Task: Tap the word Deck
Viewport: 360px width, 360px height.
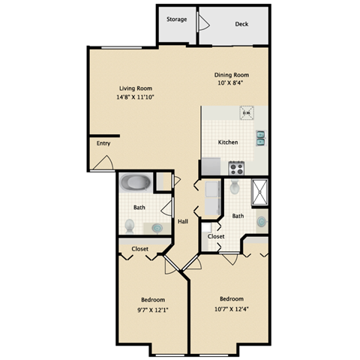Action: pyautogui.click(x=241, y=24)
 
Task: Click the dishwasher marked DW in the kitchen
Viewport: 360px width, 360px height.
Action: pyautogui.click(x=245, y=112)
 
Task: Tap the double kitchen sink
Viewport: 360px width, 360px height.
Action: pyautogui.click(x=260, y=136)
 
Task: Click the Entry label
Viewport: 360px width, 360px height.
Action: pyautogui.click(x=103, y=143)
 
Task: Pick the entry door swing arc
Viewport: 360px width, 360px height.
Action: pyautogui.click(x=105, y=161)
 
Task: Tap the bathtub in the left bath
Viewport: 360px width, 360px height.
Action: pyautogui.click(x=137, y=181)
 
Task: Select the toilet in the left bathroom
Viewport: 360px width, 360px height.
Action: pyautogui.click(x=130, y=223)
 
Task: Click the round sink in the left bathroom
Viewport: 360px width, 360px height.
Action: pyautogui.click(x=157, y=227)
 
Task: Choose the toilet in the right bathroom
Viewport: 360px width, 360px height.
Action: pyautogui.click(x=235, y=187)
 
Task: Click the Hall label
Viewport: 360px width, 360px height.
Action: pyautogui.click(x=182, y=221)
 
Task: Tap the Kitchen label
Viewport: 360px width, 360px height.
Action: pyautogui.click(x=228, y=142)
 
